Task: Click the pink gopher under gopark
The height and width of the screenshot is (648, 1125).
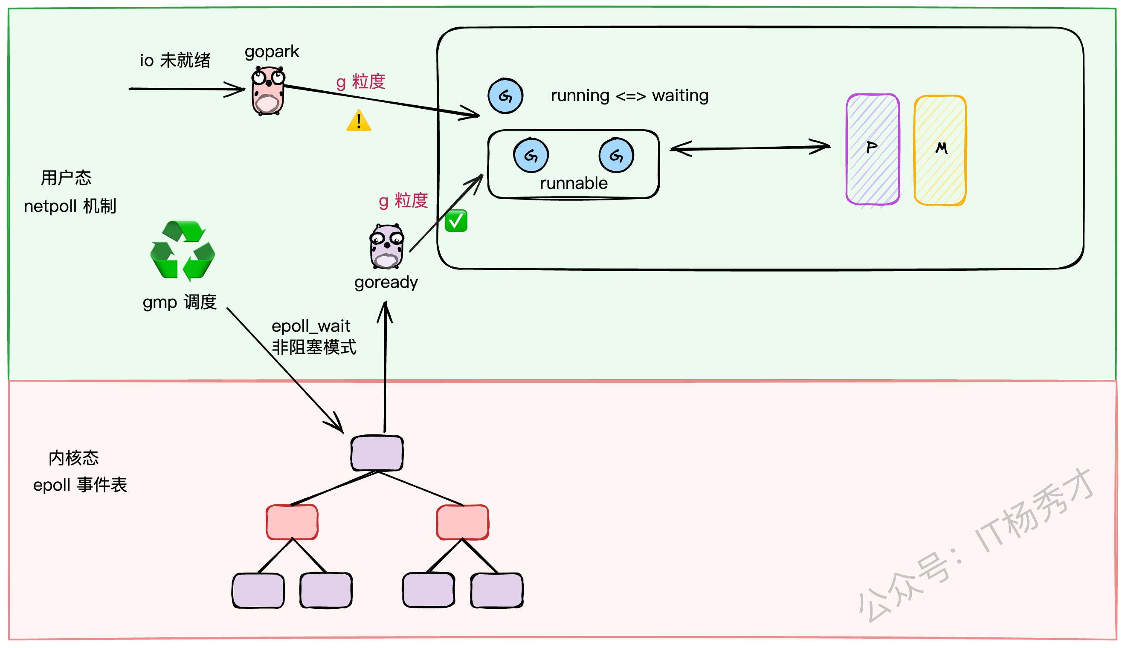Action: [268, 91]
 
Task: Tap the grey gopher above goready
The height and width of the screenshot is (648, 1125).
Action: [386, 247]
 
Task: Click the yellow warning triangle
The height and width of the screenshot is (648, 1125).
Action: [359, 121]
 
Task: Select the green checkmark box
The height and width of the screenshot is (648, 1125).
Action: [456, 221]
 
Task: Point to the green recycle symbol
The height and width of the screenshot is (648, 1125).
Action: [183, 251]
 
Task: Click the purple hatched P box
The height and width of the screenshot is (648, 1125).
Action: [873, 149]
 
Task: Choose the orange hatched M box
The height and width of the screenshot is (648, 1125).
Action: [940, 150]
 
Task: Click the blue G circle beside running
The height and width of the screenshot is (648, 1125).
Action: [505, 96]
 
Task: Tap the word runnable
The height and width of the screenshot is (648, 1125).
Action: [574, 183]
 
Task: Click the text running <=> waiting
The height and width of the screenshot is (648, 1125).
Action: [629, 95]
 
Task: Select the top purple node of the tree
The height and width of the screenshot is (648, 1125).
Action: [377, 453]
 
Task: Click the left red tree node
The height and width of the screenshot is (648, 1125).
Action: [292, 522]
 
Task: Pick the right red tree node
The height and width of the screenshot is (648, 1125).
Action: [463, 522]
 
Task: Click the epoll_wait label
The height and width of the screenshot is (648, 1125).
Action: [311, 326]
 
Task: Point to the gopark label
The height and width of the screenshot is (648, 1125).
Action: [272, 52]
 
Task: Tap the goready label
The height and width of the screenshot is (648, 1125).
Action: [386, 282]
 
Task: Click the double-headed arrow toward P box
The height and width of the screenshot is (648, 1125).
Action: [750, 148]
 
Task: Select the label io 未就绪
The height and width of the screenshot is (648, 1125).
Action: [175, 61]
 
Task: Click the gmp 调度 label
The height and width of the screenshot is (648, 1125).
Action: [180, 303]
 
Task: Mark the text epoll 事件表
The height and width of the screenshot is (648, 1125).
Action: [80, 485]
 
